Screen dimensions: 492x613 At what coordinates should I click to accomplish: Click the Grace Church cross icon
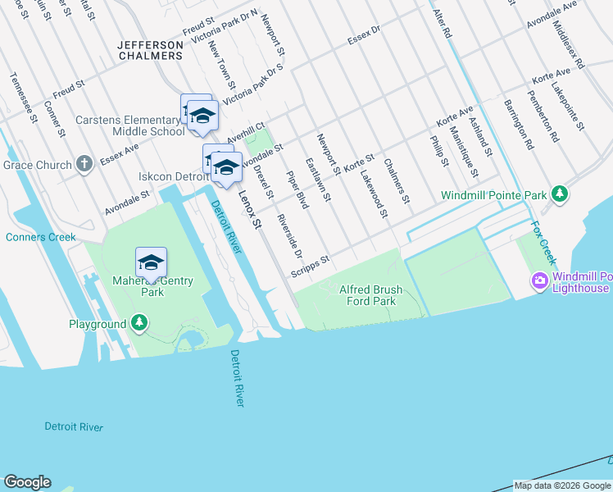84,165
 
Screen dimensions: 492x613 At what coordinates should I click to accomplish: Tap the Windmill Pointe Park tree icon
560,195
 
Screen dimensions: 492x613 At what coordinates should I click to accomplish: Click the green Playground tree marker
140,324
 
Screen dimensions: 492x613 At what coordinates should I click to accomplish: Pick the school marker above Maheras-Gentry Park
151,262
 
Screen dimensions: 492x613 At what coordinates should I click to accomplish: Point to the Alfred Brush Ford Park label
368,295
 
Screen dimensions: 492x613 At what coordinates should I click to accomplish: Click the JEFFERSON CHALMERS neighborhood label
150,50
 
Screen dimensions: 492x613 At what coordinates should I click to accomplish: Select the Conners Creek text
40,238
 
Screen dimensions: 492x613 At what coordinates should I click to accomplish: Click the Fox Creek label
543,242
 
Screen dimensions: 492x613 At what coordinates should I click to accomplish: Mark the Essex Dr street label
364,36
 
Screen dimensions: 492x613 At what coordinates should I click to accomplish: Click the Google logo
27,482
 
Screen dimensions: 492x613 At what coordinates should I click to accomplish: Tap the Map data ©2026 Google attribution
562,485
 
